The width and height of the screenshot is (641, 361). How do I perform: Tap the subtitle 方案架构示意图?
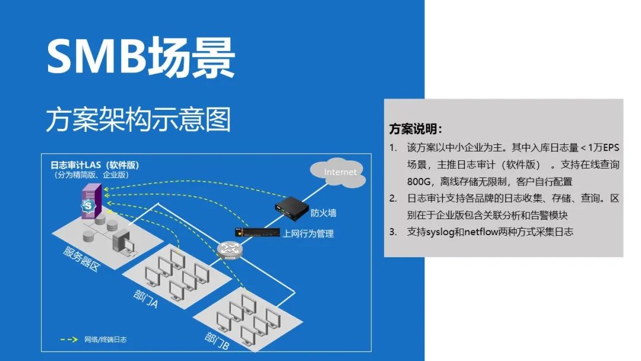tap(138, 119)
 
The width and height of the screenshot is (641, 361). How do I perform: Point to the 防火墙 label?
tap(323, 213)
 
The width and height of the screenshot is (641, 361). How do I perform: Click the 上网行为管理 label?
tap(308, 233)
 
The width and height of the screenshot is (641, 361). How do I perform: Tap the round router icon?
tap(230, 251)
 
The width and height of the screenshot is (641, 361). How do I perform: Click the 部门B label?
tap(217, 339)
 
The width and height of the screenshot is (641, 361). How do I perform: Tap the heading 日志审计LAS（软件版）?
tap(95, 164)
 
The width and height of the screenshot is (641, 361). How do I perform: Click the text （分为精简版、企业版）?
tap(90, 175)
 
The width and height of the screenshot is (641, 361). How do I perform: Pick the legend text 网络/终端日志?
tap(106, 340)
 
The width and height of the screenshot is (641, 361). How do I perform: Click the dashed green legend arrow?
tap(69, 340)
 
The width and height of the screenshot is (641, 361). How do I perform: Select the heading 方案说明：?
tap(415, 129)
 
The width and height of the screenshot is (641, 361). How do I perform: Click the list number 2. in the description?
tap(393, 198)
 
